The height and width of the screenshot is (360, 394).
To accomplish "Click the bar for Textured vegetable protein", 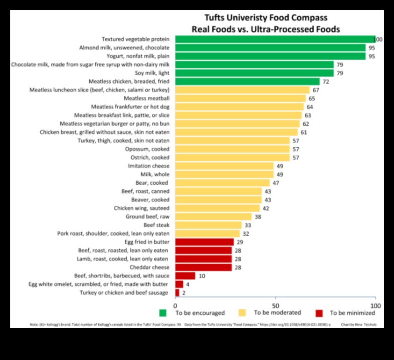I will [x=275, y=39].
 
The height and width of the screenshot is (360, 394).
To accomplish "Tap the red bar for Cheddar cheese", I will [x=204, y=267].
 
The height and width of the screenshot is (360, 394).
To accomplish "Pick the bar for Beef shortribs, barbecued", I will [x=185, y=276].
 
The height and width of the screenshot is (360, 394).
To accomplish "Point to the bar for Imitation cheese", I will [x=224, y=166].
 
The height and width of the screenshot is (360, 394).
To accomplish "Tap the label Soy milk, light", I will [x=149, y=73].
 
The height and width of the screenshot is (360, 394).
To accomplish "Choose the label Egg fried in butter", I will [x=147, y=242].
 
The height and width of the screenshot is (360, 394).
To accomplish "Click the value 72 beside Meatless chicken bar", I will [x=326, y=81].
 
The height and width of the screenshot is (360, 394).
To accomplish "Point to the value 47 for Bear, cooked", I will [x=276, y=183].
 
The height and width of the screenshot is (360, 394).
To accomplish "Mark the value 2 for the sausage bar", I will [x=183, y=293].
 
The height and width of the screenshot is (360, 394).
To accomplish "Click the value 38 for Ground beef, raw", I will [x=258, y=217].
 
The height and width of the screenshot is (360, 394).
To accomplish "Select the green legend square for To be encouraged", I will [x=163, y=313].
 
